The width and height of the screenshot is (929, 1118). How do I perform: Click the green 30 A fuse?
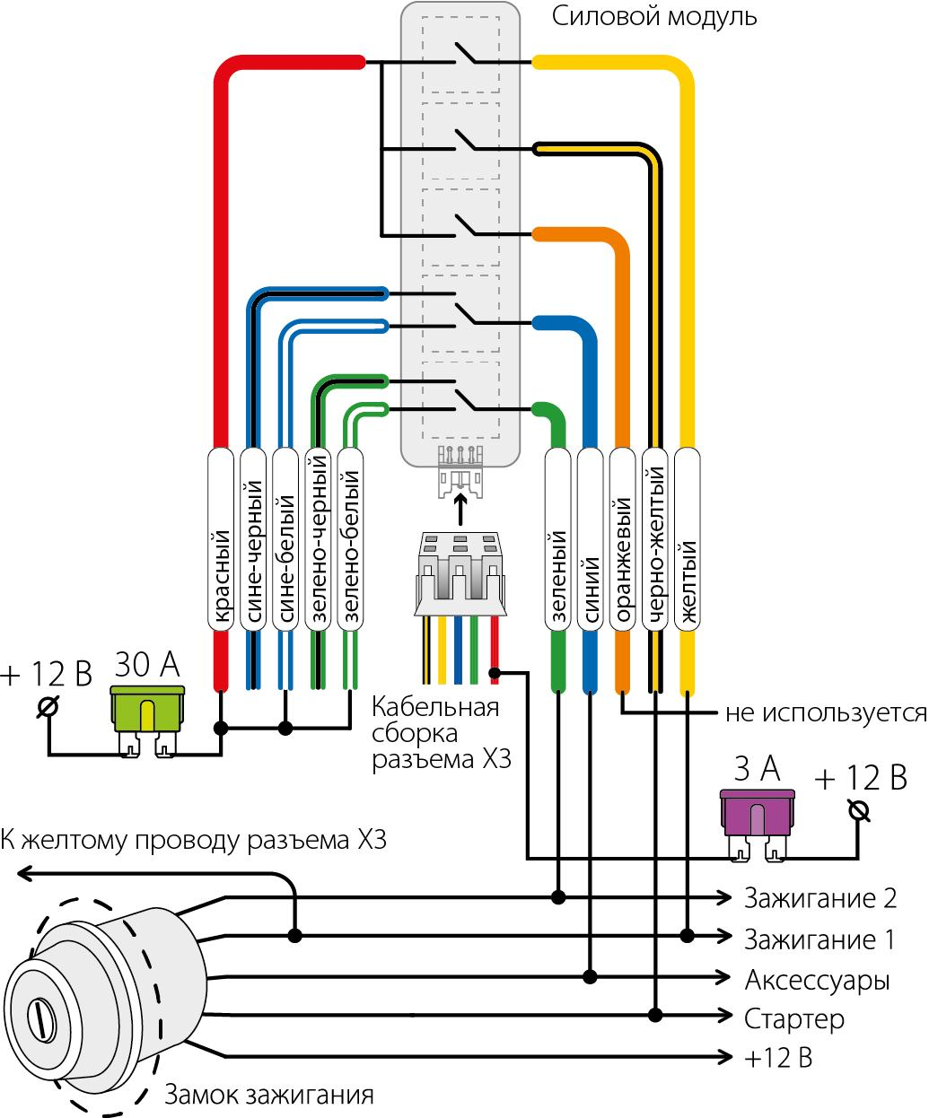(x=148, y=707)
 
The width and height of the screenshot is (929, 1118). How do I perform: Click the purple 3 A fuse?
(x=758, y=811)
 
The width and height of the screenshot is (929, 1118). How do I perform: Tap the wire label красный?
(x=221, y=538)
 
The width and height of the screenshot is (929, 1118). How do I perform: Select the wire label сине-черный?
(x=253, y=538)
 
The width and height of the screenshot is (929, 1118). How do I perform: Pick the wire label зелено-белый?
(x=350, y=538)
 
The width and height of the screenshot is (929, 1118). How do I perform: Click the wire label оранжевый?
(x=622, y=538)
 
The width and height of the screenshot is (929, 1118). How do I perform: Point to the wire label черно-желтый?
(x=654, y=538)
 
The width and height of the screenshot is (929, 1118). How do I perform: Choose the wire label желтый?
(x=687, y=538)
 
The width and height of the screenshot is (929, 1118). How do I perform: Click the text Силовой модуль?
(x=654, y=16)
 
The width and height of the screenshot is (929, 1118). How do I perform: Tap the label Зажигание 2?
(x=819, y=897)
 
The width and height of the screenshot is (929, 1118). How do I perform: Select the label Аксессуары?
(x=817, y=979)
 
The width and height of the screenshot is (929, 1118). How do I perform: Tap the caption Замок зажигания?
(x=268, y=1096)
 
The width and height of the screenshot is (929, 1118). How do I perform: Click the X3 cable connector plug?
(x=459, y=574)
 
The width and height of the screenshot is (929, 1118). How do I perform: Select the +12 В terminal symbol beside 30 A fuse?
(x=48, y=707)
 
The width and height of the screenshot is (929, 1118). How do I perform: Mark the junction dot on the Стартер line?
(x=655, y=1015)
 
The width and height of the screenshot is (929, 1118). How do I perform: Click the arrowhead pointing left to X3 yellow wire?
(x=25, y=872)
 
